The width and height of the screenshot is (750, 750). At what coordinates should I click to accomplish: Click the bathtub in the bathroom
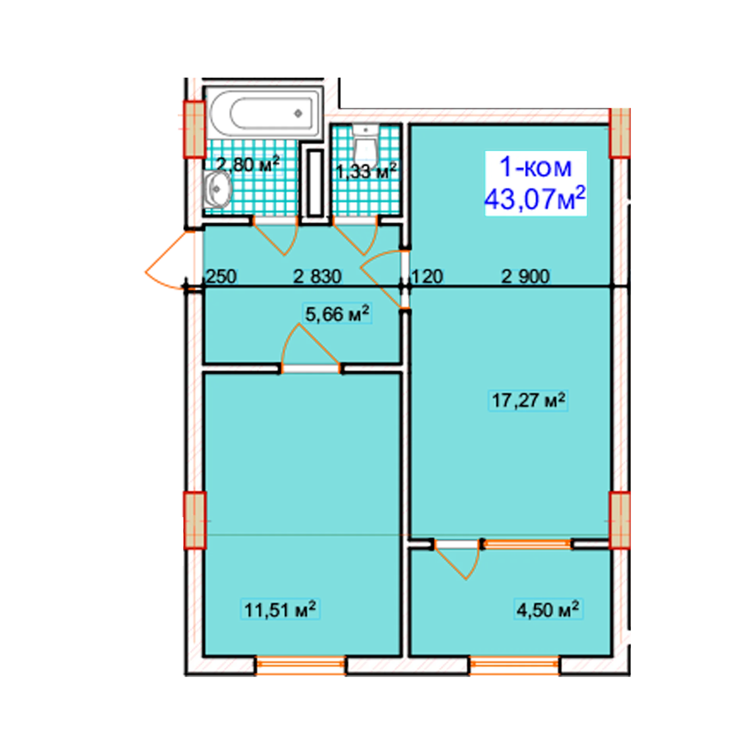coord(264,113)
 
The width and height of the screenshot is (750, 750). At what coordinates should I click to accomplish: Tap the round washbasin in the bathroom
coord(217,190)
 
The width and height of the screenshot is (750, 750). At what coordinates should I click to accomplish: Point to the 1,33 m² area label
coord(366,171)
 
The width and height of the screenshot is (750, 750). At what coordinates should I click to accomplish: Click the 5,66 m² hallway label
coord(337,314)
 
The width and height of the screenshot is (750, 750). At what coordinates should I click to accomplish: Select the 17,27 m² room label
coord(528,400)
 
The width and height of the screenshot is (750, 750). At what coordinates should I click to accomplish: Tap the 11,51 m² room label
coord(280,609)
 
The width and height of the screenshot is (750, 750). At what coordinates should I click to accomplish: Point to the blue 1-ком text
coord(536,167)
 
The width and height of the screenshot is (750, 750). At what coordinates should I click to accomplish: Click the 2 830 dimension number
coord(317,277)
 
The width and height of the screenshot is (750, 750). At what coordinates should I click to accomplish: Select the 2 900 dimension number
coord(525,277)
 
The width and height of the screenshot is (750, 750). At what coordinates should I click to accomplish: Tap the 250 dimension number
coord(221,277)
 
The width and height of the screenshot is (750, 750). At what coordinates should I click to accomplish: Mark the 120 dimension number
coord(427,277)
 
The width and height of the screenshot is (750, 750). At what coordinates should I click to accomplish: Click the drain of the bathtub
coord(298,114)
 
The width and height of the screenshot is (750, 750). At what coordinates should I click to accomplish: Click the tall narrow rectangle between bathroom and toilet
coord(315,183)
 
